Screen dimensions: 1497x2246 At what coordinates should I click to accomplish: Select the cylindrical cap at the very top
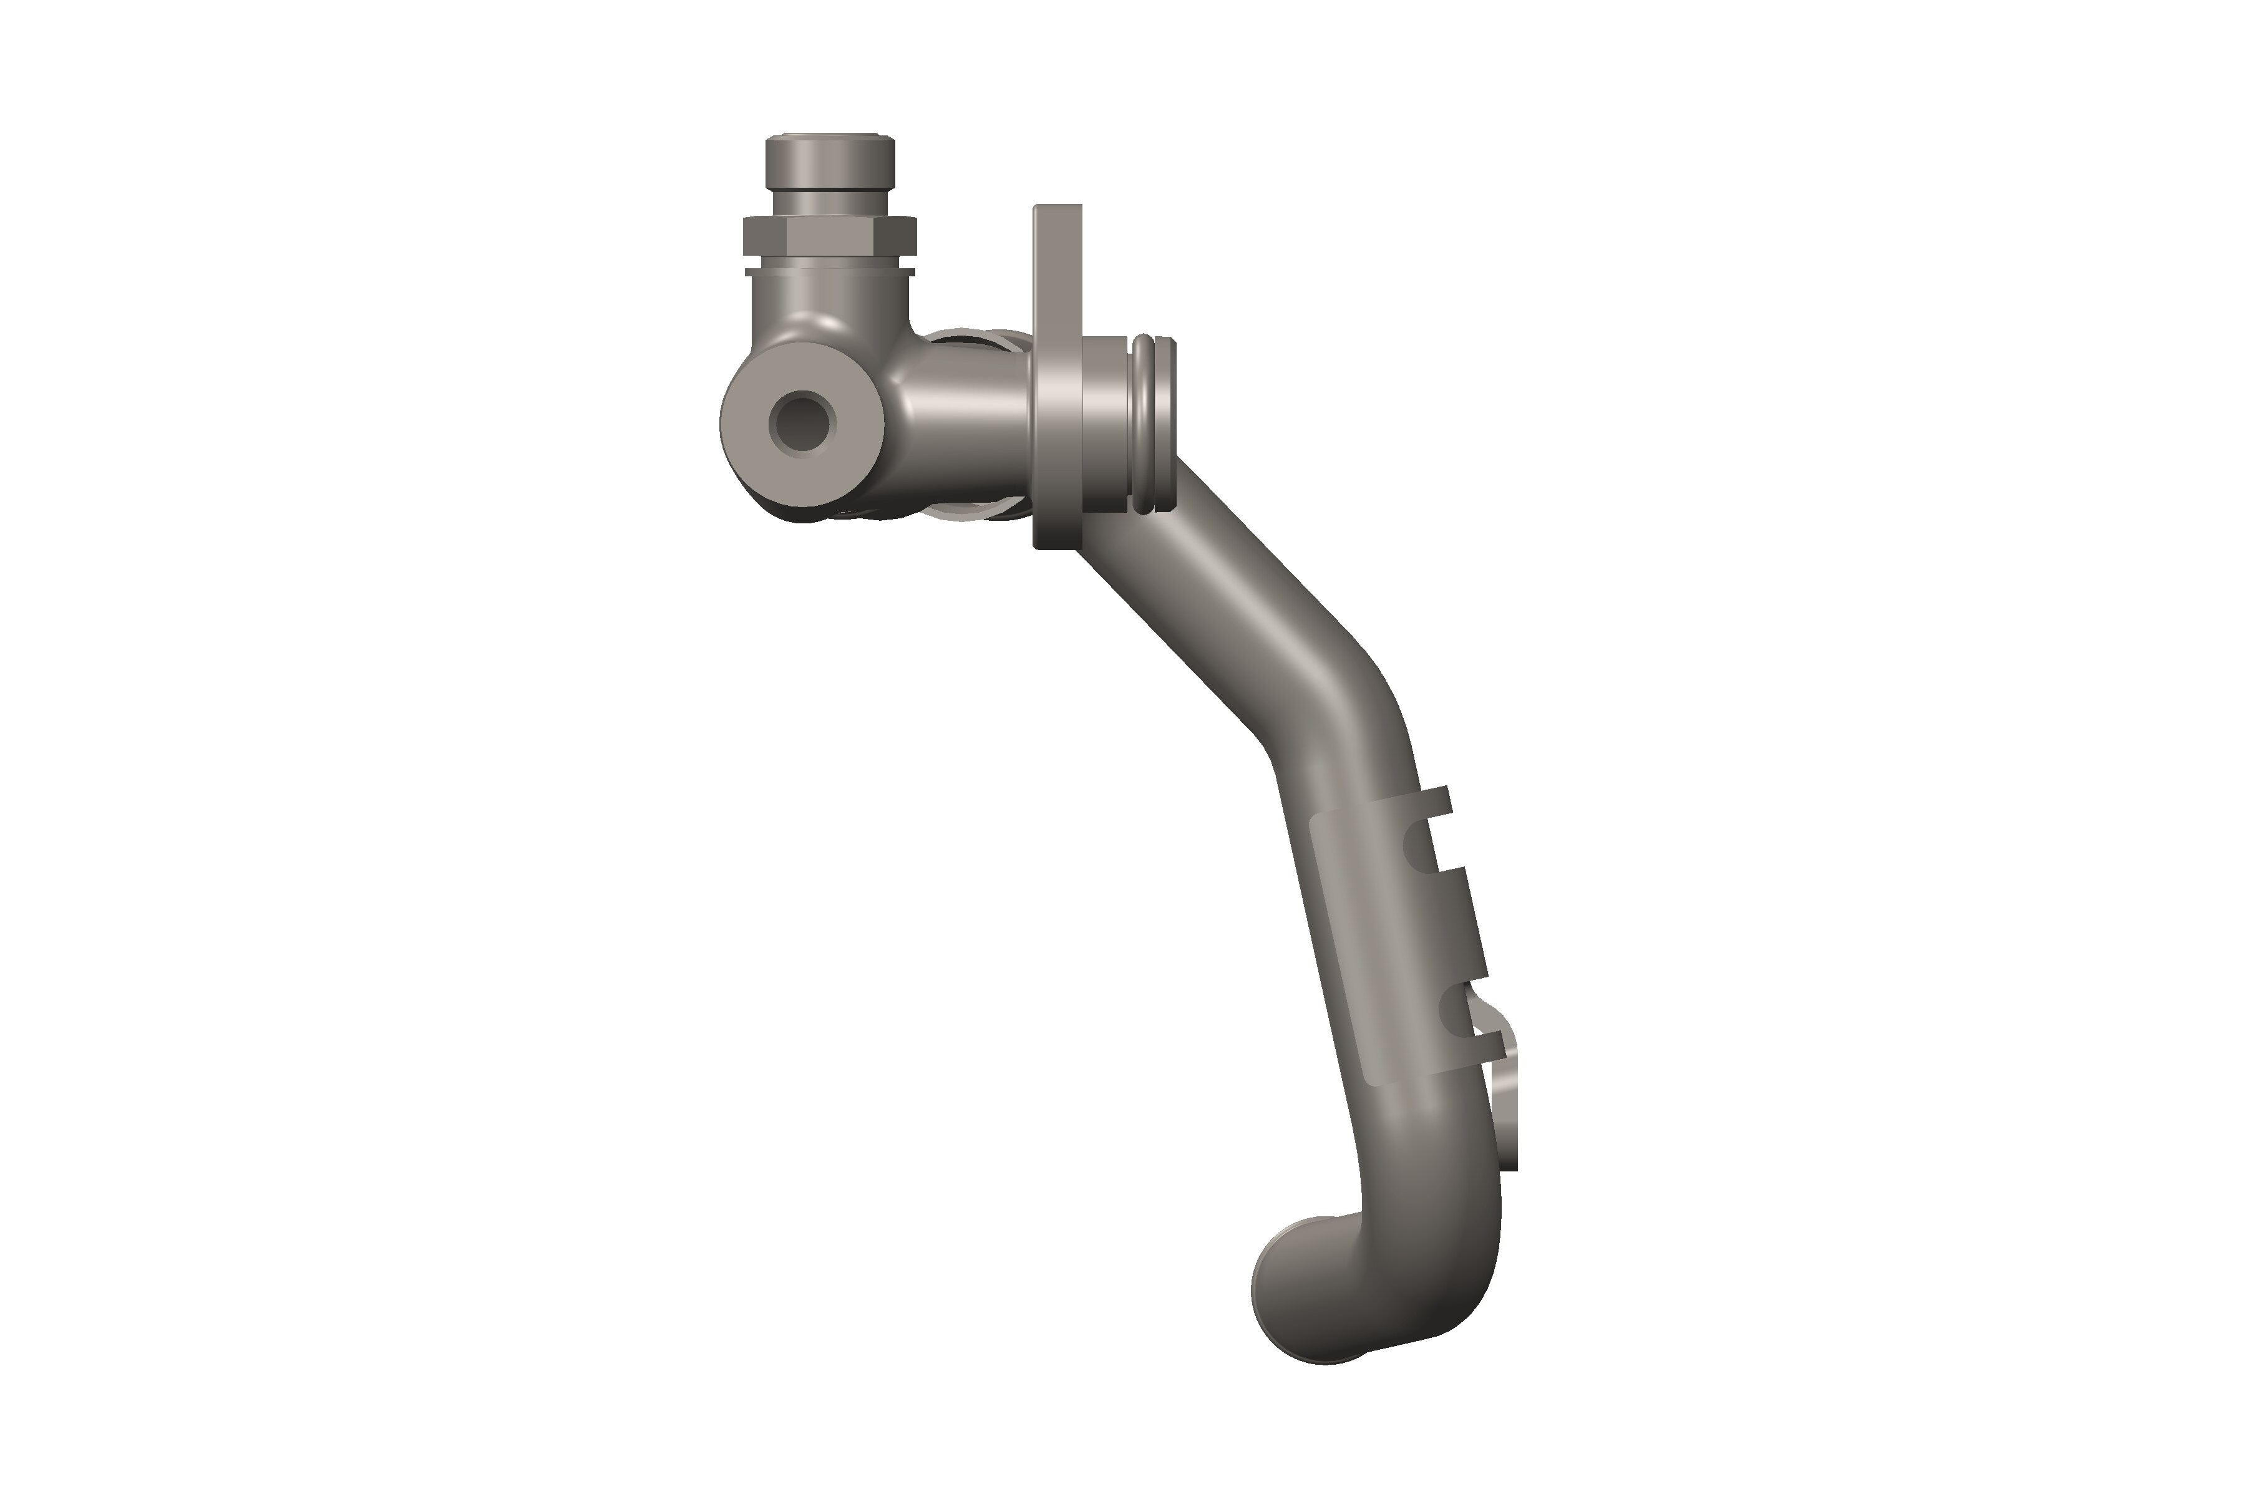point(829,164)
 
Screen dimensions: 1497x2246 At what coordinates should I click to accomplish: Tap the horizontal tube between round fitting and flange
point(965,420)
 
